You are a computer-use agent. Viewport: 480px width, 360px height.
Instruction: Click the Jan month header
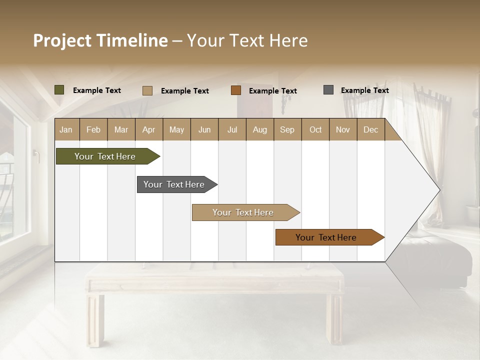(x=66, y=130)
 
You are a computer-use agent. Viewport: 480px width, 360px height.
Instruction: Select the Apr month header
(x=148, y=130)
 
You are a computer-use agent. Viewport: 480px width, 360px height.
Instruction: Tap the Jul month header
(x=232, y=130)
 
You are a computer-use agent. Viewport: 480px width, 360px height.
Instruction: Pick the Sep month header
(x=287, y=130)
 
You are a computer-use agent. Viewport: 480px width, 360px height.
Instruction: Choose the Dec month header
(x=370, y=130)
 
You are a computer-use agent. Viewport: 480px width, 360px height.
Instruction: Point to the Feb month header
(x=93, y=130)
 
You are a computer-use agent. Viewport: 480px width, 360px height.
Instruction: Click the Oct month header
(x=315, y=130)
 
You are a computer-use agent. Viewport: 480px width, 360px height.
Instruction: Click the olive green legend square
(x=59, y=90)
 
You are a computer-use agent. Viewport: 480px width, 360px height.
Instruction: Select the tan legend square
(x=147, y=90)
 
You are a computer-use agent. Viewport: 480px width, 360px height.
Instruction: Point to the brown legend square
(x=236, y=90)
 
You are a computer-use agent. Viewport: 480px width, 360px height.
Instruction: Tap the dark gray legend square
(x=328, y=90)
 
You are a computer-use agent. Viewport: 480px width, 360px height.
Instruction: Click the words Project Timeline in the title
(x=100, y=40)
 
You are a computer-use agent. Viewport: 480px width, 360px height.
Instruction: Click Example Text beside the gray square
(x=364, y=90)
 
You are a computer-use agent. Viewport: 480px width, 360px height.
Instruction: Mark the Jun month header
(x=204, y=130)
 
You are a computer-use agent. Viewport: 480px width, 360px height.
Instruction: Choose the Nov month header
(x=343, y=130)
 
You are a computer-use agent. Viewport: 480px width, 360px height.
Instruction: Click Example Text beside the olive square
(x=97, y=90)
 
